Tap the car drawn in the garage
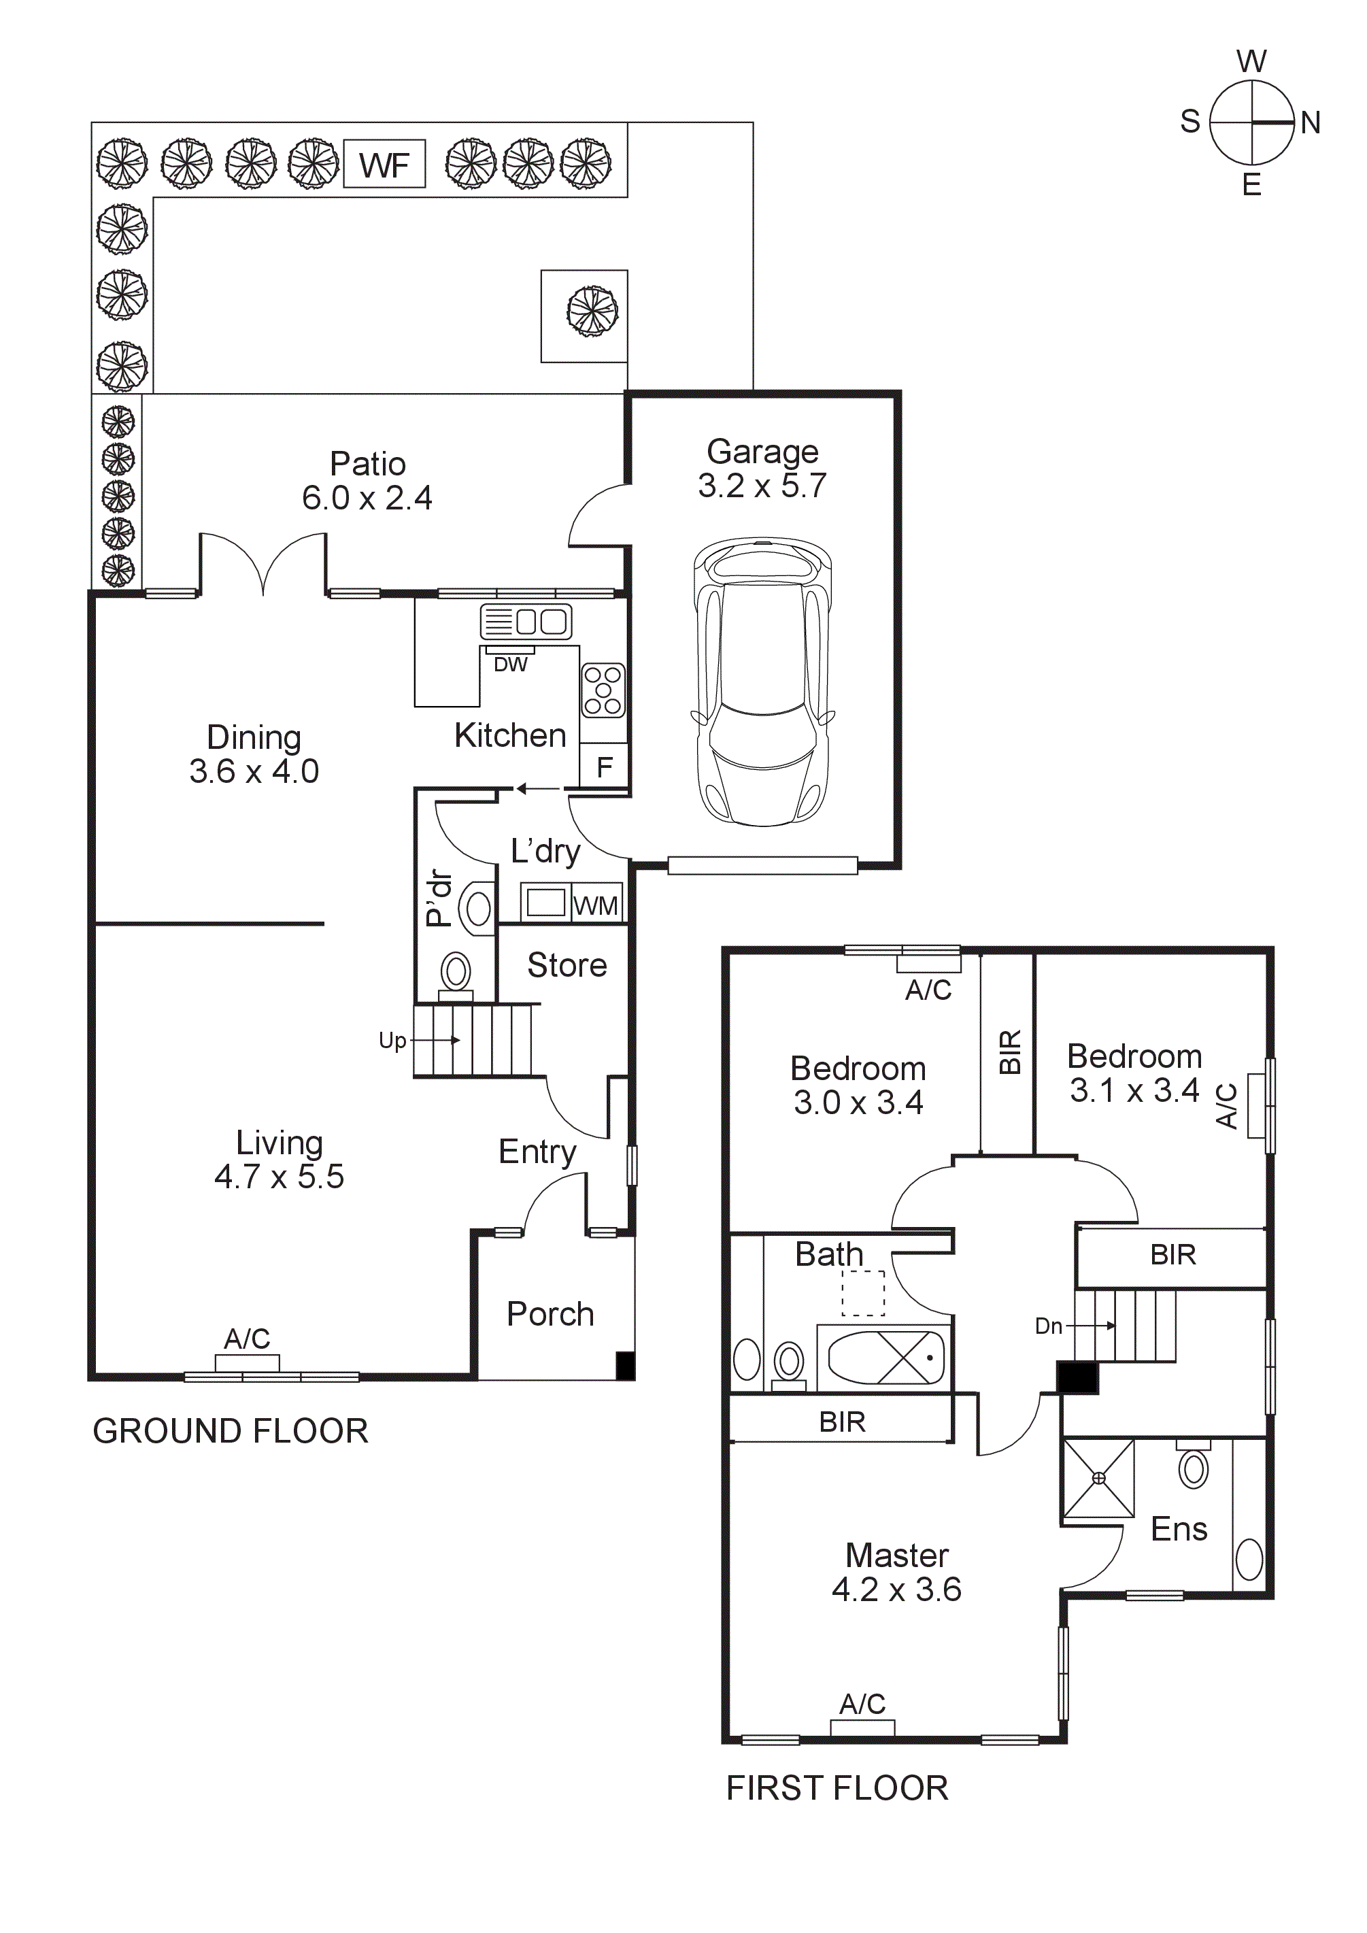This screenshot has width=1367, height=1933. [x=762, y=682]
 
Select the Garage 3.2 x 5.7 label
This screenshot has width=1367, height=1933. [x=762, y=469]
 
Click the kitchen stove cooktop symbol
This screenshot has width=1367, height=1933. [x=603, y=690]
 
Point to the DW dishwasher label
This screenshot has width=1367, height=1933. [x=510, y=665]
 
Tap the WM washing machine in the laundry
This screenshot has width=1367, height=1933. [x=596, y=905]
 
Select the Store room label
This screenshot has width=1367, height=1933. [x=567, y=965]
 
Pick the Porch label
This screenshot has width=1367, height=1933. [x=550, y=1314]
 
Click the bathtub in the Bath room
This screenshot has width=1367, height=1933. [x=886, y=1357]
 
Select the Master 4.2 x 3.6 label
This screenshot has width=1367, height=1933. [x=896, y=1572]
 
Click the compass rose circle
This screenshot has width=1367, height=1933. [x=1251, y=123]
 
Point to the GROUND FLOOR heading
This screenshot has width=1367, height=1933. [x=231, y=1431]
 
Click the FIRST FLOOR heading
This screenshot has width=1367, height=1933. [x=837, y=1788]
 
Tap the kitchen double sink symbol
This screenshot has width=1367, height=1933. [x=526, y=622]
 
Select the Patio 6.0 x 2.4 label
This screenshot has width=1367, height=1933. [x=368, y=481]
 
